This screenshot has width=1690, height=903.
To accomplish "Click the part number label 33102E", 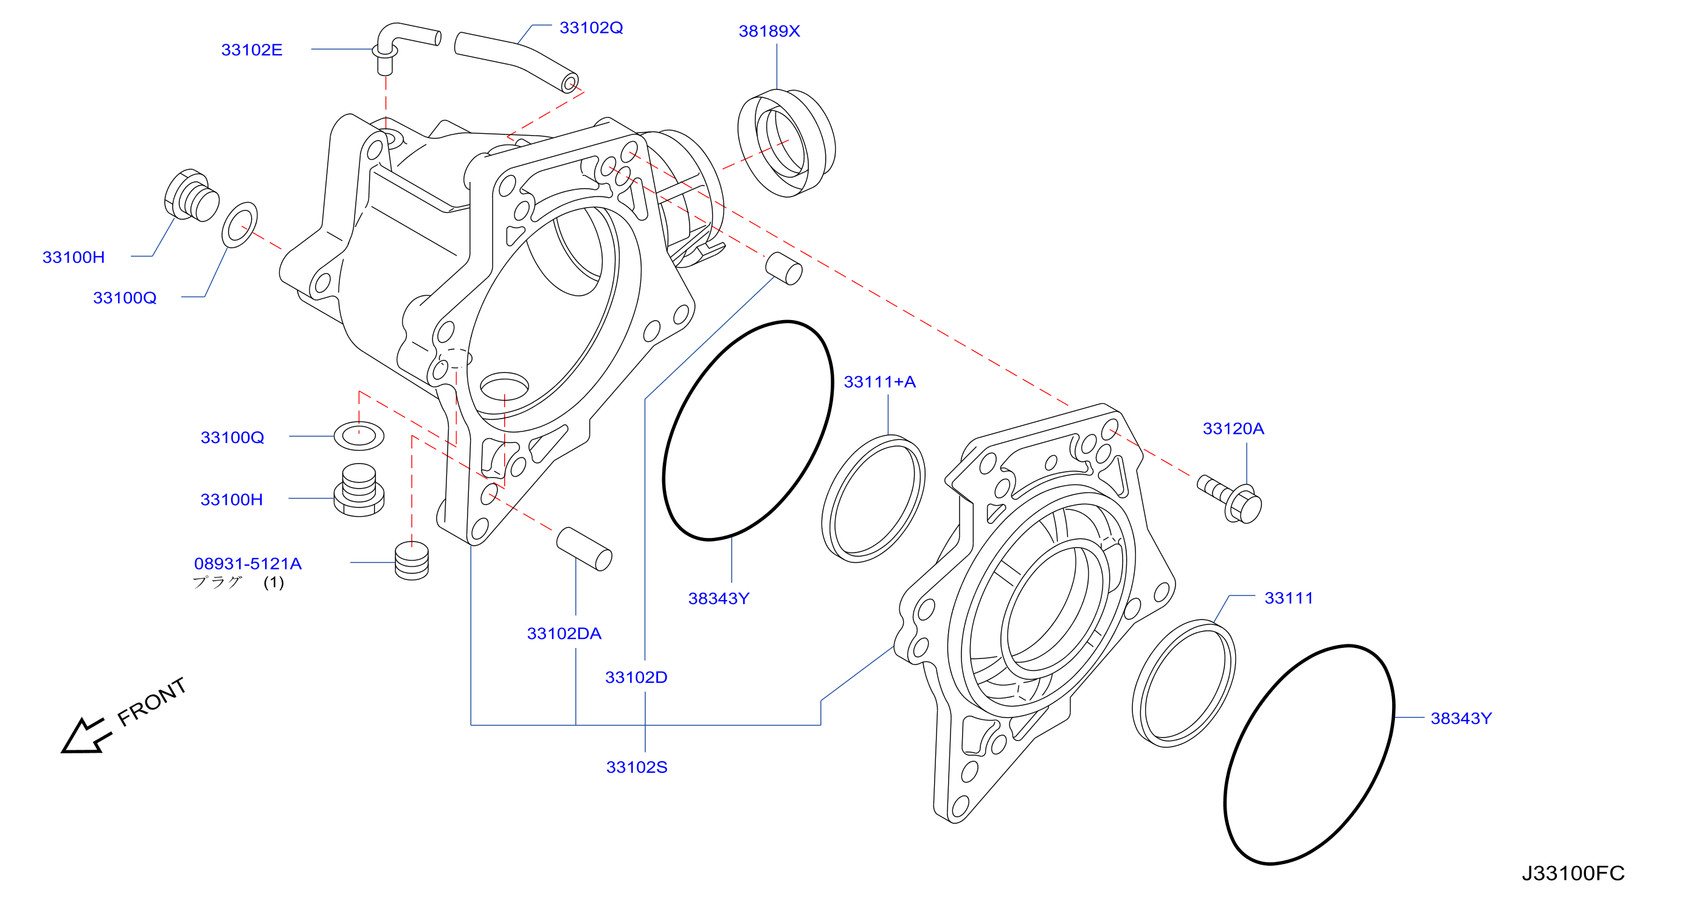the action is coord(252,50).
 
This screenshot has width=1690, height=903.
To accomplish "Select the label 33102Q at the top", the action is coord(591,27).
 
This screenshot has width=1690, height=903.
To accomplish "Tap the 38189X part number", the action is coord(769,31).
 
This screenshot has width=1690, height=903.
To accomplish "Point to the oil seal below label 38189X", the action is coord(786,143).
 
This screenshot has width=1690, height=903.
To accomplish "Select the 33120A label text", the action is coord(1233,428).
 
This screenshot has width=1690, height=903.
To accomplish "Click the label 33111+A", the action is coord(880,382).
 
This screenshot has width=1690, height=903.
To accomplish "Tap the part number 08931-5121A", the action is coord(248,563).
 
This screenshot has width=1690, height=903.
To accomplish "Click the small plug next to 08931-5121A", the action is coord(412,560).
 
